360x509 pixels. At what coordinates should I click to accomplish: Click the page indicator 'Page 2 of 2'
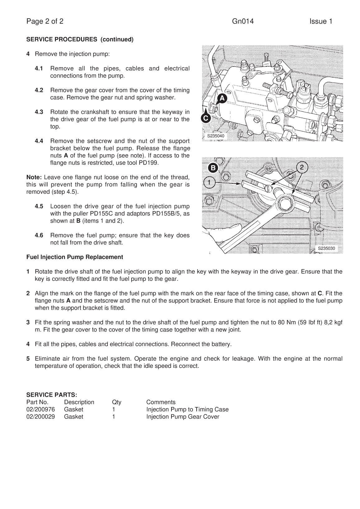tap(45, 21)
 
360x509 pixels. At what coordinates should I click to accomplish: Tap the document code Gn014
tap(243, 21)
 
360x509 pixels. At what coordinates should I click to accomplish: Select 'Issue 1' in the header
tap(320, 21)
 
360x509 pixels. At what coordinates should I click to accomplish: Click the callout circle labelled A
tap(222, 98)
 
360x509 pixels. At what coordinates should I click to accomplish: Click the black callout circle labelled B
tap(213, 168)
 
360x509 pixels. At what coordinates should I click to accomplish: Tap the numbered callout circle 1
tap(209, 183)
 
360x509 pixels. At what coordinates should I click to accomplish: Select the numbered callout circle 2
tap(302, 167)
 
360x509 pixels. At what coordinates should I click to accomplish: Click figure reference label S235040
tap(216, 136)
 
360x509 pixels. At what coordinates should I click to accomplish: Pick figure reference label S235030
tap(326, 248)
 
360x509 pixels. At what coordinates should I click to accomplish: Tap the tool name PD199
tap(150, 163)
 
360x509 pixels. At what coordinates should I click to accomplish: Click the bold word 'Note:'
tap(34, 178)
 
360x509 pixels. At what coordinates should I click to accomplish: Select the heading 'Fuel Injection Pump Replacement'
tap(75, 257)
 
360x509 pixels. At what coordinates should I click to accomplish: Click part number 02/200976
tap(40, 410)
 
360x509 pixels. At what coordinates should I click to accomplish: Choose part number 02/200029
tap(40, 417)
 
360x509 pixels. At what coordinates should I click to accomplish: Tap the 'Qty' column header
tap(117, 402)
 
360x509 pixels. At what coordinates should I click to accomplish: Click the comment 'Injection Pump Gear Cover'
tap(183, 417)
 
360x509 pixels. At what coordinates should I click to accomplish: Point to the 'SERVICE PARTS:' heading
tap(52, 395)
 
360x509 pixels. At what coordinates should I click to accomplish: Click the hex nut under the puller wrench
tap(285, 202)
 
